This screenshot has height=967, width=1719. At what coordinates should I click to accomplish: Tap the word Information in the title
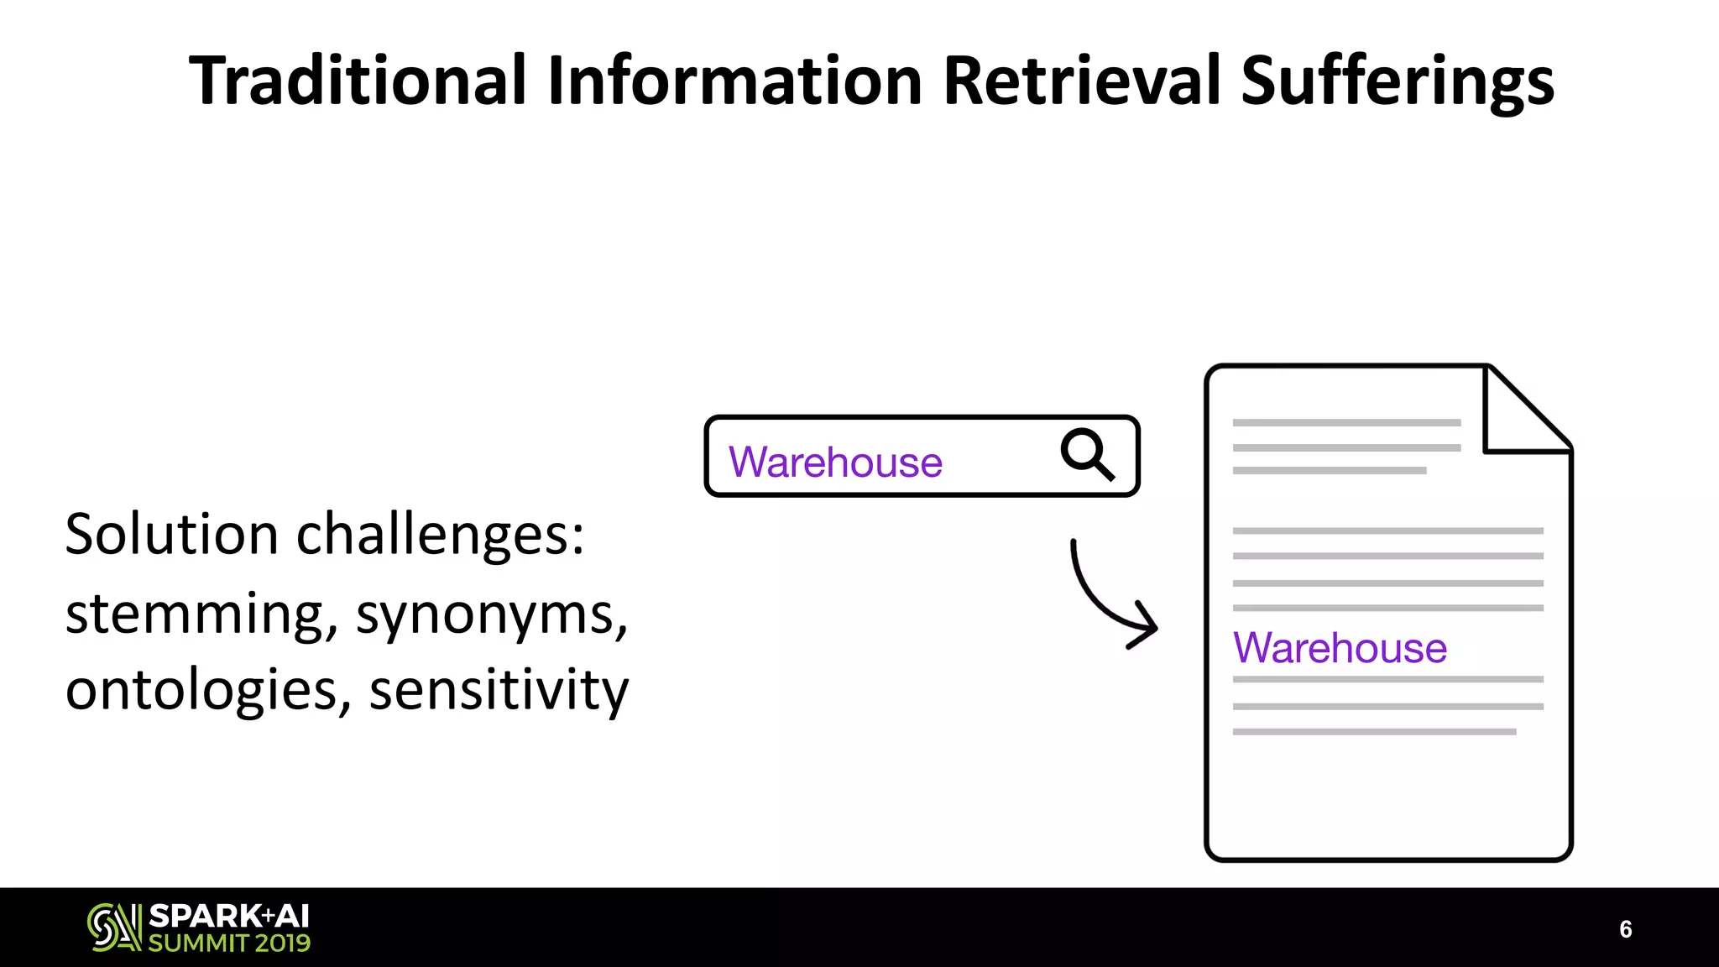(734, 81)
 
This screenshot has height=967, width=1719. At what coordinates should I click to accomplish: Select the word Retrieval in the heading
(1081, 81)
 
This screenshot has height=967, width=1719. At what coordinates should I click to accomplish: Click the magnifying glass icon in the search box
(1087, 454)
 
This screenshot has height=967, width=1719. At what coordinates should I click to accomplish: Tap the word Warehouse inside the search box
(835, 463)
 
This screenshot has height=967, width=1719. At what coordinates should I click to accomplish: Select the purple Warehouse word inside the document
(1340, 648)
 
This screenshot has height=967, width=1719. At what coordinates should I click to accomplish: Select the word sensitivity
(499, 690)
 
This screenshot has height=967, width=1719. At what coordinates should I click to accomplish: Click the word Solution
(171, 535)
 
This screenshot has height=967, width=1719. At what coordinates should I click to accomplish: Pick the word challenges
(440, 536)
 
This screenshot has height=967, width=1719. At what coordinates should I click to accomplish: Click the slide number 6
(1625, 929)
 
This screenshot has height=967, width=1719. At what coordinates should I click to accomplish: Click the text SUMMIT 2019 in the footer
(229, 943)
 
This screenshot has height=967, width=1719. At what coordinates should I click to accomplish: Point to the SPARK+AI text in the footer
(229, 916)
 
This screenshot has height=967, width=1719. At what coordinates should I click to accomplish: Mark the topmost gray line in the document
(1346, 423)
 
